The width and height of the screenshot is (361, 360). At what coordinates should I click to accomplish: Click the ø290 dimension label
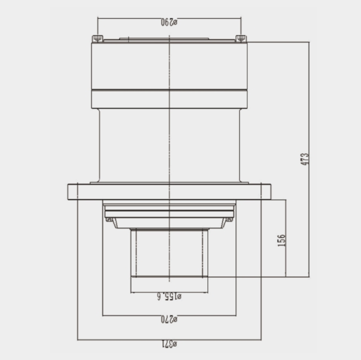(169, 22)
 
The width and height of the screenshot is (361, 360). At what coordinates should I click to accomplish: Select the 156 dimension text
(281, 240)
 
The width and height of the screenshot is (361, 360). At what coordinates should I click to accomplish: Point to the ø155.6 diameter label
(169, 297)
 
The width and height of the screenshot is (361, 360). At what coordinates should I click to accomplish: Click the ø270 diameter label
(169, 319)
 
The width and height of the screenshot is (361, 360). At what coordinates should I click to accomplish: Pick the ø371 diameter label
(169, 344)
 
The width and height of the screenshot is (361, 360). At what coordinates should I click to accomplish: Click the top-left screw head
(98, 38)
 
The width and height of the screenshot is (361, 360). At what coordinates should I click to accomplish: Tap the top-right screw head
(241, 38)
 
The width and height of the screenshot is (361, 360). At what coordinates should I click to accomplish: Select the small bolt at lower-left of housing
(109, 220)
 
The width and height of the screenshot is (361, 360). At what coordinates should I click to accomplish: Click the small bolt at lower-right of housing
(229, 220)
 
